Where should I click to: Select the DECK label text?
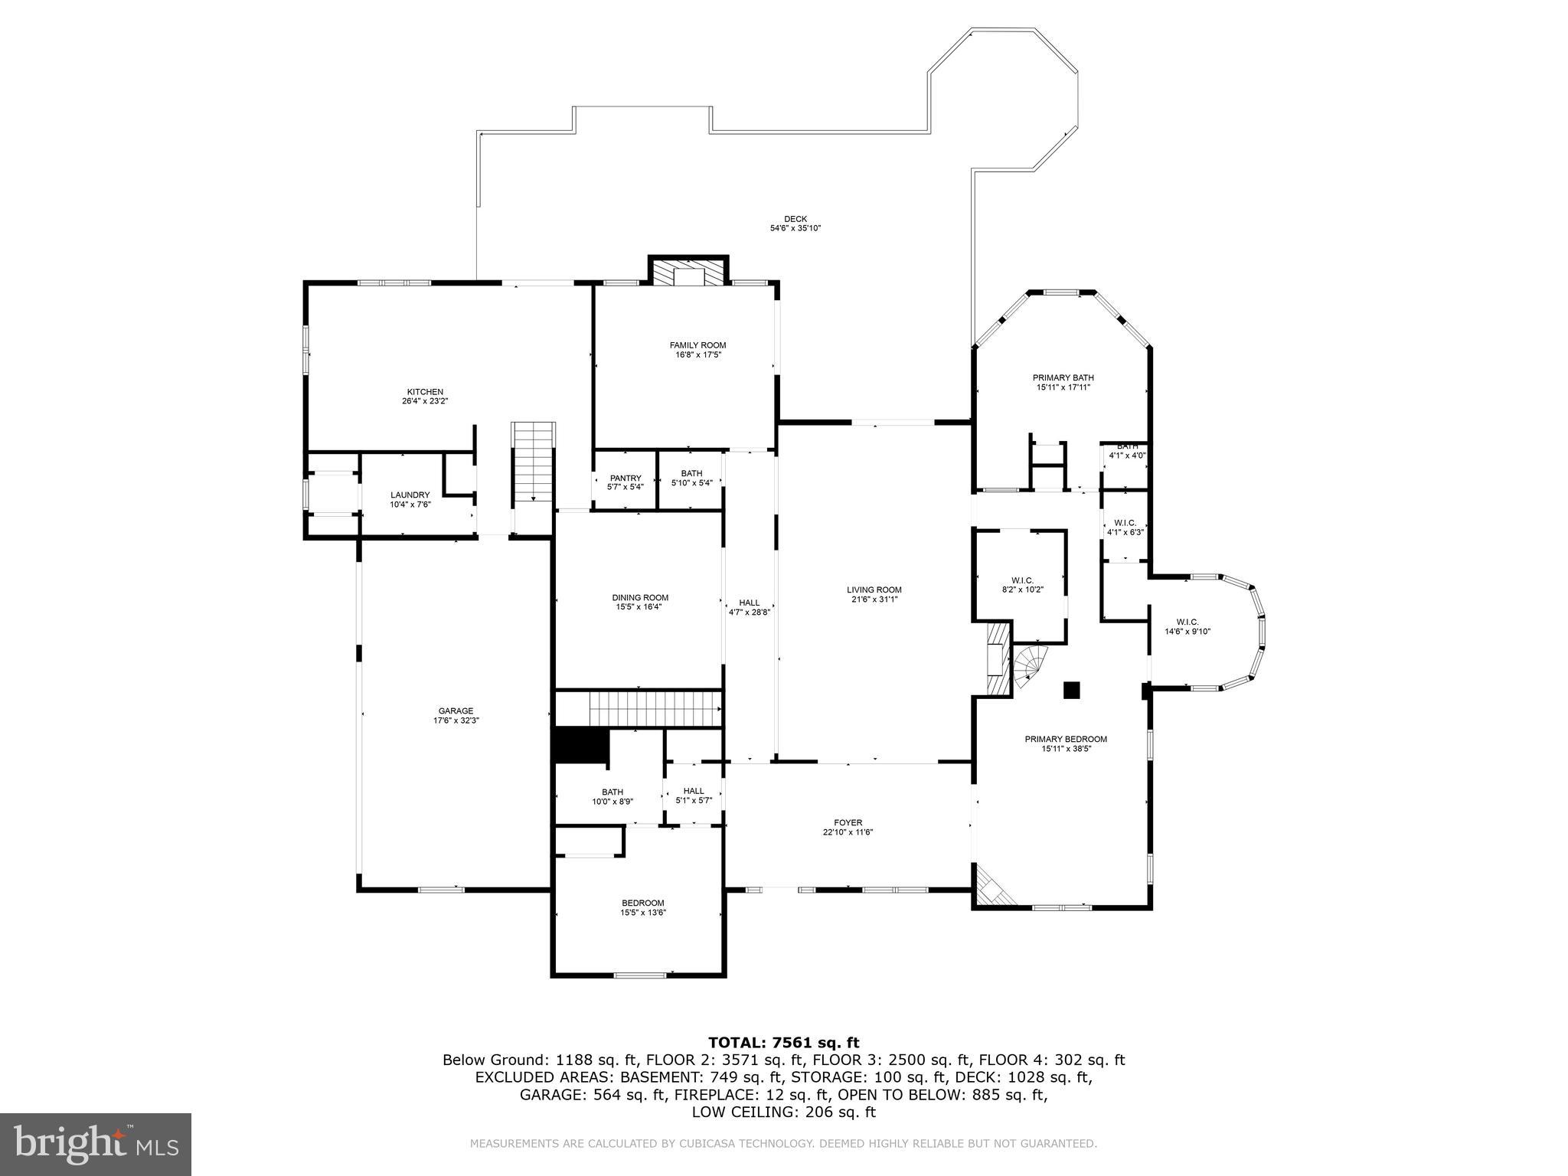coord(795,220)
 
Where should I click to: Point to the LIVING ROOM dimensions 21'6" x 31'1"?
coord(874,599)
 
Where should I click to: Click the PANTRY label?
coord(625,479)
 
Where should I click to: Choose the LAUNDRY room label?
coord(410,495)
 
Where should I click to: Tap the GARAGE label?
coord(456,711)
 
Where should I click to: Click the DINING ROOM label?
coord(639,598)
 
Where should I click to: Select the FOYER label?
coord(848,823)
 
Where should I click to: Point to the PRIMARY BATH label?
coord(1063,378)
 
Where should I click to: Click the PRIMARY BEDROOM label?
coord(1066,740)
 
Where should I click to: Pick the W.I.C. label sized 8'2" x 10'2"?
coord(1022,580)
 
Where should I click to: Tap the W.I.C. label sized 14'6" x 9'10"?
coord(1187,622)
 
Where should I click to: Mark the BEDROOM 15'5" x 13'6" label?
coord(642,903)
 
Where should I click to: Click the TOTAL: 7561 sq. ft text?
coord(783,1043)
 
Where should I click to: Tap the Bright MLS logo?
coord(96,1144)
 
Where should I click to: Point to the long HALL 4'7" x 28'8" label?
coord(749,603)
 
